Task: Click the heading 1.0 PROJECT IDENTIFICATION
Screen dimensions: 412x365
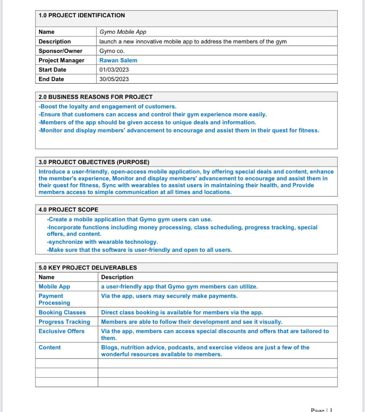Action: tap(82, 15)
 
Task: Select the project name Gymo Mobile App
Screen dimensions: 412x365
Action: tap(123, 32)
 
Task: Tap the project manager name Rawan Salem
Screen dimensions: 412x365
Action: tap(118, 60)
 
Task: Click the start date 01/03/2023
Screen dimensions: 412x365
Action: tap(114, 70)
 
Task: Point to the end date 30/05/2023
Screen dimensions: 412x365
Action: tap(114, 79)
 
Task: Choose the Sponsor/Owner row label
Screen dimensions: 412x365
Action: tap(60, 51)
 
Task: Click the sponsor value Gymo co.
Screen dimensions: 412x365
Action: tap(112, 51)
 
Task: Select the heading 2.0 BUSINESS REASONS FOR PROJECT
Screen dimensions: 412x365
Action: tap(96, 97)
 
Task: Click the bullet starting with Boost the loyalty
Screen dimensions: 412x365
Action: tap(107, 107)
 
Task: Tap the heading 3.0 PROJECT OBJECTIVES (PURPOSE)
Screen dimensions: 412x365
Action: tap(94, 162)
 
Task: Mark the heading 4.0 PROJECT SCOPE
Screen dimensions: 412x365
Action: tap(68, 210)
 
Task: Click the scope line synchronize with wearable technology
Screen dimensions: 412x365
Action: tap(103, 242)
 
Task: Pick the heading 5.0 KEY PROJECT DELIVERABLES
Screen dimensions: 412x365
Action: tap(88, 268)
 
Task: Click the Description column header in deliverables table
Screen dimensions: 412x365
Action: tap(117, 277)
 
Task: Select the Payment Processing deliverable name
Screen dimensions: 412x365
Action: tap(54, 299)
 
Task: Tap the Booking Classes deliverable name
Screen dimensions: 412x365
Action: tap(62, 312)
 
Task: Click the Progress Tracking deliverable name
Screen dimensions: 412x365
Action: tap(64, 322)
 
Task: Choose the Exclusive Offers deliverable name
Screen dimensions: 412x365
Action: tap(62, 331)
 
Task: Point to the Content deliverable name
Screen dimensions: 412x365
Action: tap(49, 347)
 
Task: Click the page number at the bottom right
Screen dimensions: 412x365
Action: tap(322, 410)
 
